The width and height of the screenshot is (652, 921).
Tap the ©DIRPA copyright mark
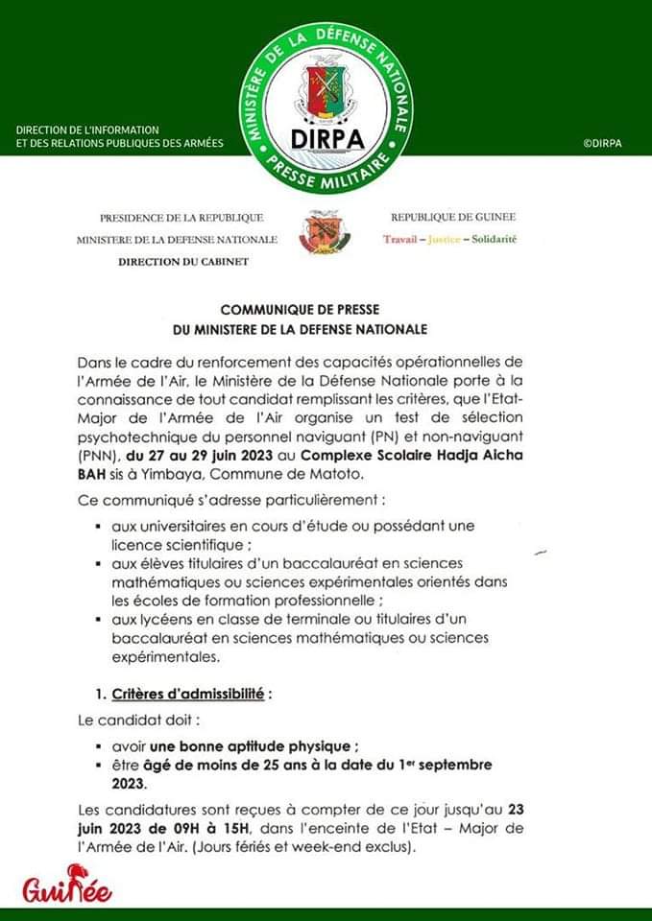click(602, 144)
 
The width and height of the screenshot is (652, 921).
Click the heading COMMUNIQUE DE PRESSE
click(326, 311)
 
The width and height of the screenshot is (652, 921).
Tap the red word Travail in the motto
click(401, 238)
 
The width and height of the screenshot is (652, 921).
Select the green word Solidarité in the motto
click(491, 238)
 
